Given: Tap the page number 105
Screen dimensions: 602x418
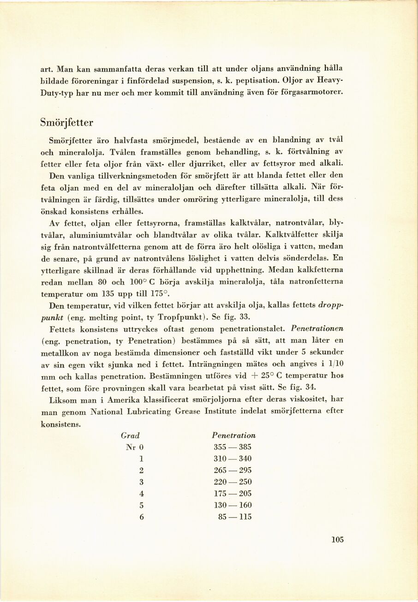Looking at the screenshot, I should pos(338,540).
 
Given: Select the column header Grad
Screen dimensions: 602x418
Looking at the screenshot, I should pos(130,435).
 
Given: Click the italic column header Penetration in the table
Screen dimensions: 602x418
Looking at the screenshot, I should pos(233,435).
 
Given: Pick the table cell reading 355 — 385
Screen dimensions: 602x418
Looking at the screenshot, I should pos(233,447).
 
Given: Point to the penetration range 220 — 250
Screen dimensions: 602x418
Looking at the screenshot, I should pos(233,482).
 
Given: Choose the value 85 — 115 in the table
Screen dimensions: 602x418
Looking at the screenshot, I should pos(235,517).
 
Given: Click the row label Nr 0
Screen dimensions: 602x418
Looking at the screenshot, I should pos(135,447).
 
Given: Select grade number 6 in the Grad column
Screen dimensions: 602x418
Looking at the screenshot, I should pos(142,517).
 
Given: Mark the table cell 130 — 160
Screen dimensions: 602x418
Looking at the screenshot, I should pos(233,506).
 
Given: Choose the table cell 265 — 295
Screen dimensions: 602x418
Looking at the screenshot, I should pos(233,471).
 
